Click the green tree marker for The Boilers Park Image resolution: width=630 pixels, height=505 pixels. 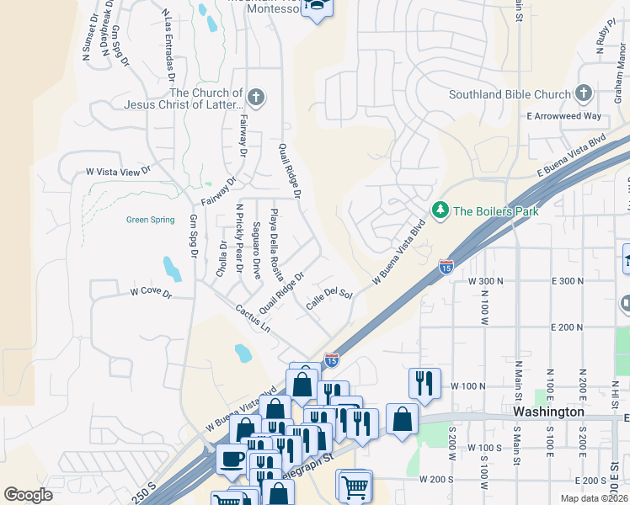coord(440,210)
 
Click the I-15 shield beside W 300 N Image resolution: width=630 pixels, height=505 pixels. coord(446,267)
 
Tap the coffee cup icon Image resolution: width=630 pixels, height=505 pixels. coord(232,460)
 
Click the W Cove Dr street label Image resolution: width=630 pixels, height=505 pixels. coord(151,294)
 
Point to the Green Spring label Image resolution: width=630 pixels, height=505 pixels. coord(150,220)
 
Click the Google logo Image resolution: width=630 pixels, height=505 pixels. coord(28,495)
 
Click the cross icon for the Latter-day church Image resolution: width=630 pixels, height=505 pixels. coord(256,98)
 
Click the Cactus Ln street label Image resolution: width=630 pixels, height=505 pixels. coord(253,317)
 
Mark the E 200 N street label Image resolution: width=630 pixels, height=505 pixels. coord(566,327)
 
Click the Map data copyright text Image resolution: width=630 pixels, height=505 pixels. coord(593,498)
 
